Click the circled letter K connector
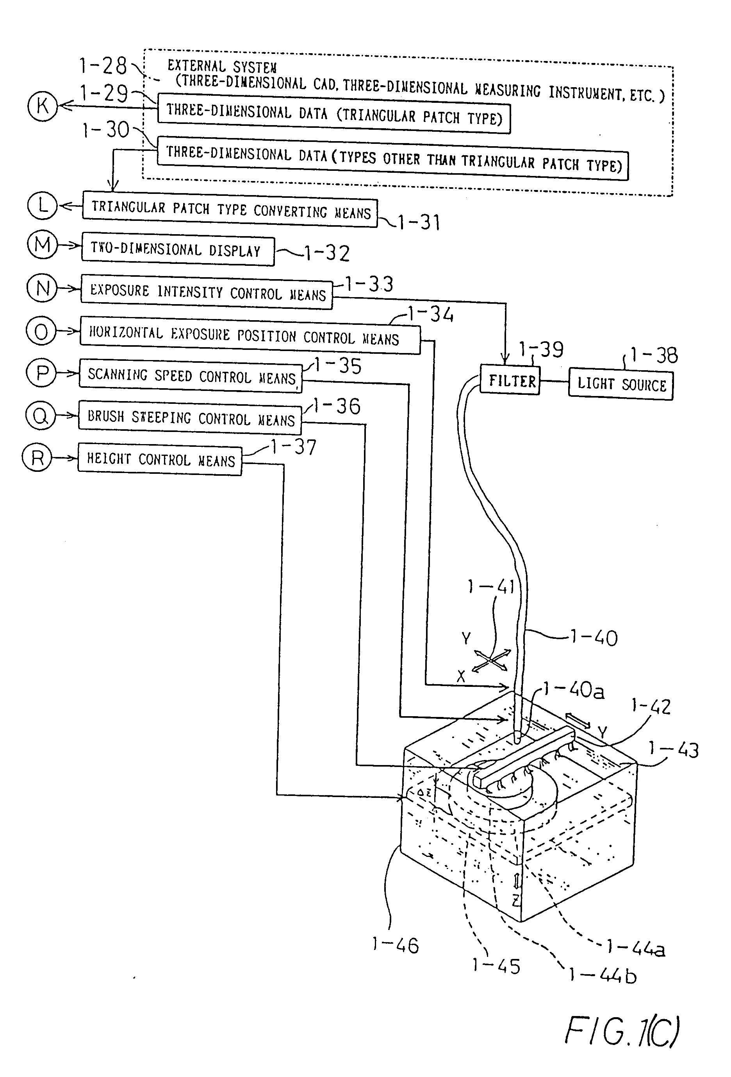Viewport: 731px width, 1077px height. tap(42, 106)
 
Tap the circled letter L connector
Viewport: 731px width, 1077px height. tap(42, 205)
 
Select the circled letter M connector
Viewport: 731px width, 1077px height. tap(42, 244)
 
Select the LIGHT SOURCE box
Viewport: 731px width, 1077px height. tap(620, 384)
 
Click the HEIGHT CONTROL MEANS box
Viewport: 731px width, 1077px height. tap(160, 460)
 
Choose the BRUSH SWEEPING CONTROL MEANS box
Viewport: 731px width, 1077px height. tap(190, 418)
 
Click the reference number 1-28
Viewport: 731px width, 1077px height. tap(103, 66)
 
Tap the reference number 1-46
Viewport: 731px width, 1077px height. tap(395, 945)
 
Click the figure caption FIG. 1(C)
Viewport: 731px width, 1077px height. tap(622, 1031)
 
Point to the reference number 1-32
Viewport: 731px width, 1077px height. tap(327, 253)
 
